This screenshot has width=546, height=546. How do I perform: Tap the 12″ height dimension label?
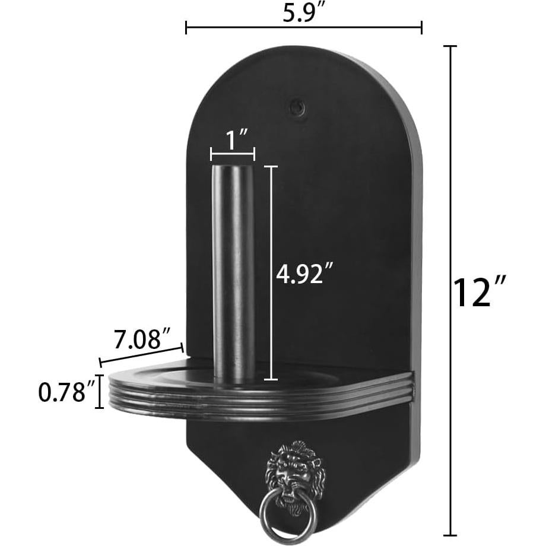[480, 292]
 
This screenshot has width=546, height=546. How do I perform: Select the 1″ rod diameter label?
[232, 141]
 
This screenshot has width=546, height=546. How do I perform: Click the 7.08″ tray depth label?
[138, 340]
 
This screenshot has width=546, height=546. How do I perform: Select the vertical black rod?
[233, 273]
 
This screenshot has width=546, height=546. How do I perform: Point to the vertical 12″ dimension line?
[452, 291]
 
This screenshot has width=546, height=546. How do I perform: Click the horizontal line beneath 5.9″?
[303, 27]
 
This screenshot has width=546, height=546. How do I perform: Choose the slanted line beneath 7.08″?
[142, 354]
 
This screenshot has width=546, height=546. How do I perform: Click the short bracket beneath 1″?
[233, 154]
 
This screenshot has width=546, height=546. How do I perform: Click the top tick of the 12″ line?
[452, 46]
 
